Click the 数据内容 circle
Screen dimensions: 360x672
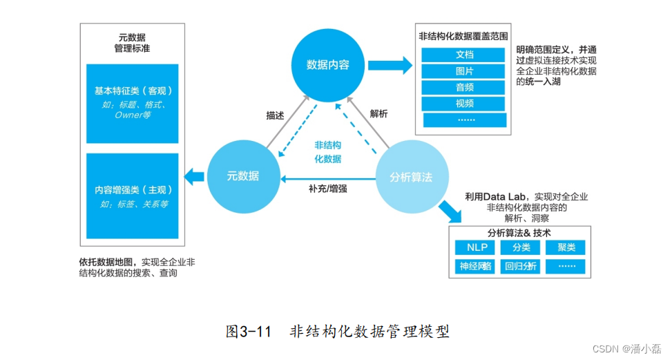(327, 64)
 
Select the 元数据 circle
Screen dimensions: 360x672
(243, 176)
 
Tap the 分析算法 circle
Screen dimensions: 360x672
(412, 177)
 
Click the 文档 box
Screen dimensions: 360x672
(464, 55)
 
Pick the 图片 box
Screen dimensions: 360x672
(464, 71)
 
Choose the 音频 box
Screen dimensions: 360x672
(464, 87)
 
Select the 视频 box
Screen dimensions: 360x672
(464, 104)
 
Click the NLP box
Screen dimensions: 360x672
(477, 247)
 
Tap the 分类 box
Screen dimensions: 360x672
(521, 247)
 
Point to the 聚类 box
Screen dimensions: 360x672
(566, 247)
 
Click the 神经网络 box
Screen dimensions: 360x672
(477, 266)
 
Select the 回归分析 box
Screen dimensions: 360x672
(521, 266)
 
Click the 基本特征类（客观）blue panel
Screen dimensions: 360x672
(133, 103)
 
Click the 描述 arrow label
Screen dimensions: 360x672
(275, 115)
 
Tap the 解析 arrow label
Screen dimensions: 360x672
(378, 114)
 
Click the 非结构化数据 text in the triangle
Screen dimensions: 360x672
(327, 152)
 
